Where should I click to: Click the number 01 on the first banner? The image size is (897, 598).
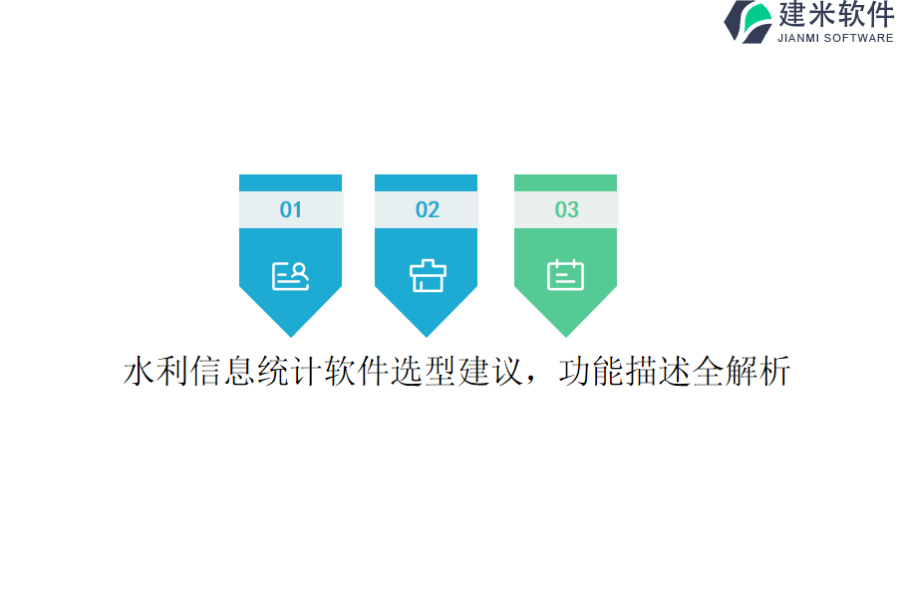(290, 209)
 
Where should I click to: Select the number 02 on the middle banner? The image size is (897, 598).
(427, 209)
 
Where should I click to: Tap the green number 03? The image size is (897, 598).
(566, 209)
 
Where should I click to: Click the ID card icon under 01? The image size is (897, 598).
(290, 275)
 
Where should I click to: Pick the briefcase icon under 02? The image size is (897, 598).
(427, 275)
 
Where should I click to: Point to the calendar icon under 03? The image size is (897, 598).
(565, 275)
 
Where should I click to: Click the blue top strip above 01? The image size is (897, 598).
(290, 182)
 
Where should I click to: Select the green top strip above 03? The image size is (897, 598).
(565, 182)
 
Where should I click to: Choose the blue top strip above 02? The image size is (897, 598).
(427, 182)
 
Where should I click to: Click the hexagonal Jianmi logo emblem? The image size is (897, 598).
(747, 22)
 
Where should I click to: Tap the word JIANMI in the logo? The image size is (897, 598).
(797, 38)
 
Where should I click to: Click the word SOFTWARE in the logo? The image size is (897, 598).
(858, 38)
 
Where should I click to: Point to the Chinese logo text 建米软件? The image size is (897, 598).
(835, 15)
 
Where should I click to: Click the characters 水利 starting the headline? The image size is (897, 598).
(156, 372)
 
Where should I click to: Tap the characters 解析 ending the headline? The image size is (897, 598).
(758, 372)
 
